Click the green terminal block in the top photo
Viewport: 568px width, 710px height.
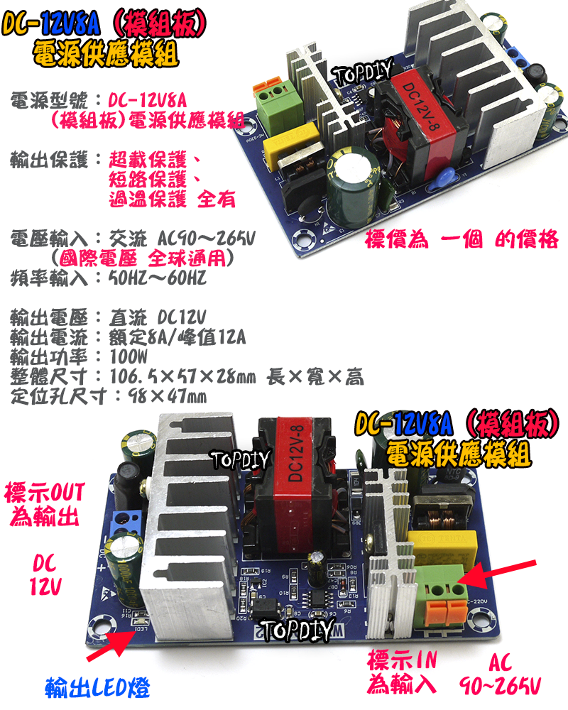278,111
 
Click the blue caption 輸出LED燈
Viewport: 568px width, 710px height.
97,687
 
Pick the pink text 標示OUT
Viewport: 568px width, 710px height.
44,491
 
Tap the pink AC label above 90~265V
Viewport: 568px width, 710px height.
500,664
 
